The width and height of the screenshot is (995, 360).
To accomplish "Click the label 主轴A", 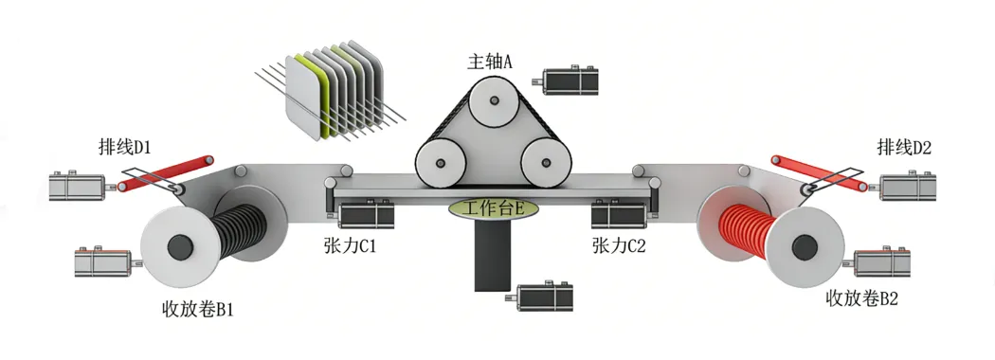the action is (x=489, y=62).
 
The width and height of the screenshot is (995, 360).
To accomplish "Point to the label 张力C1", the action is (x=349, y=245).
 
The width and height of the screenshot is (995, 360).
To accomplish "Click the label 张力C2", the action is (x=619, y=245).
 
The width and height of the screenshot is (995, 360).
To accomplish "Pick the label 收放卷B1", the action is (x=198, y=309).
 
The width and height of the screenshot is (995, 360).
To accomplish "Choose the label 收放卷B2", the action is (x=861, y=298).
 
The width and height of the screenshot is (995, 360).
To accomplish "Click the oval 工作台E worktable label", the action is (x=494, y=208).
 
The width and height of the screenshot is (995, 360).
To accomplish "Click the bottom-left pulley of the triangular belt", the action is (x=441, y=163).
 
